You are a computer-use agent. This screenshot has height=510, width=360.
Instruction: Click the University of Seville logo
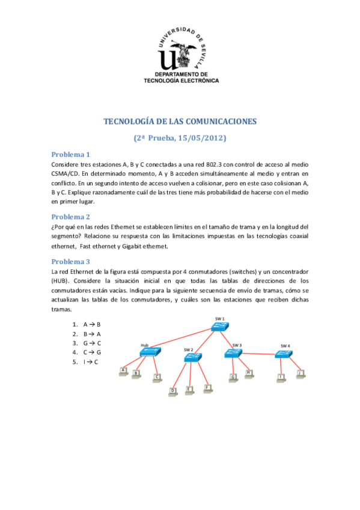pos(180,51)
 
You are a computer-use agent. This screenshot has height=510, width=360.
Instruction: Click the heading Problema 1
pos(70,154)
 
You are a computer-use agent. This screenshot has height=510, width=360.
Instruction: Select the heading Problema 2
pos(70,217)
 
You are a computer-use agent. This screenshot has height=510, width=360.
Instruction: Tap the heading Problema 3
pos(70,262)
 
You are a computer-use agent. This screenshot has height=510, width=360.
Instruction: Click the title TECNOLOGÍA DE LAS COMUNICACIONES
pos(180,121)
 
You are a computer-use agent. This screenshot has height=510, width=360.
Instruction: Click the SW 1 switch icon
pos(219,326)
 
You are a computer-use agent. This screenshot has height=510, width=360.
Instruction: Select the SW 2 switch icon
pos(192,357)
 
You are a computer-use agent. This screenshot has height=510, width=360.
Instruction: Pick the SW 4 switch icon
pos(284,354)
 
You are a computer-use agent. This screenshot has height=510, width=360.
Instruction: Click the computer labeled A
pos(124,371)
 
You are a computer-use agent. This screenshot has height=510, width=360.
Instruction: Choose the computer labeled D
pos(174,392)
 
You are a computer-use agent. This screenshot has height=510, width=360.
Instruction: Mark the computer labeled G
pos(233,378)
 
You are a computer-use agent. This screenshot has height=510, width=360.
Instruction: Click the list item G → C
pos(92,343)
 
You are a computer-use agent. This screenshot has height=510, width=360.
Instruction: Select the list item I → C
pos(91,361)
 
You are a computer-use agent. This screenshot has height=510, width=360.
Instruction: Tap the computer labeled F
pos(207,389)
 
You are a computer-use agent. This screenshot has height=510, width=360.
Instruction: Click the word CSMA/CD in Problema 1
pos(66,173)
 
